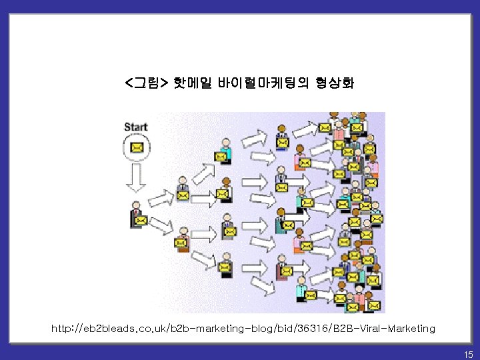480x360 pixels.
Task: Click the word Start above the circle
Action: (x=135, y=127)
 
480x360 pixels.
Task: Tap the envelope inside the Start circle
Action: (x=136, y=148)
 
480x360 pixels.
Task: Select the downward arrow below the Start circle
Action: (x=136, y=178)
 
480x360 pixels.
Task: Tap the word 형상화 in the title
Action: (x=337, y=85)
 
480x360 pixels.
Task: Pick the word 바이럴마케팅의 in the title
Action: (x=263, y=85)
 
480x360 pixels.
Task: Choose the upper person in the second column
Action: (x=181, y=190)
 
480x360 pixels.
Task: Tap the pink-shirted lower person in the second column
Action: (x=181, y=238)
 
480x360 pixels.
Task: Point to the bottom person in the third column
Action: (x=225, y=264)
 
